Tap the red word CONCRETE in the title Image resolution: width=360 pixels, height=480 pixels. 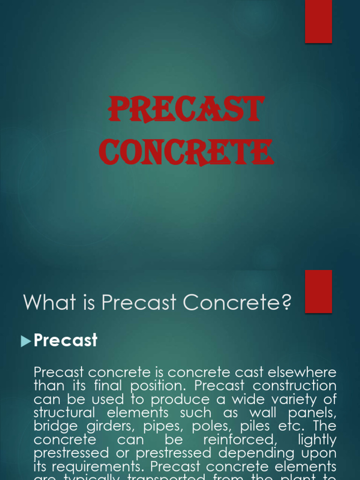click(x=186, y=152)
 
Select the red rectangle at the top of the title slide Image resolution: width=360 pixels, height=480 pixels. click(x=319, y=22)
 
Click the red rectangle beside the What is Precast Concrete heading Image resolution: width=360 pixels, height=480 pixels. click(x=319, y=291)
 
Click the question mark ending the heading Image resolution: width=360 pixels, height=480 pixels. click(x=286, y=303)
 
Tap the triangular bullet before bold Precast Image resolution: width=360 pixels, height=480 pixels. click(x=26, y=341)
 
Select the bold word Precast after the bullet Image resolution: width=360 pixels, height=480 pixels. click(x=66, y=340)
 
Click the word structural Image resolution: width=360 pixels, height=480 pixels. click(x=65, y=413)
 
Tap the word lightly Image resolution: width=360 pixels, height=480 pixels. click(x=317, y=441)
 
